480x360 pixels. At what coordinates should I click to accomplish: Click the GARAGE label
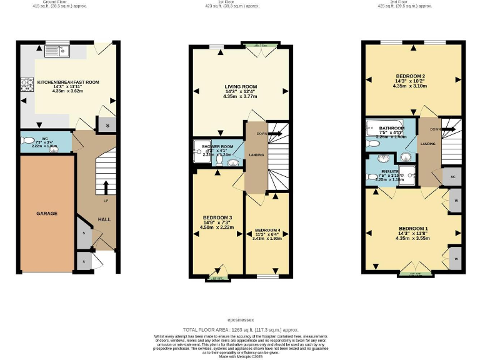click(46, 214)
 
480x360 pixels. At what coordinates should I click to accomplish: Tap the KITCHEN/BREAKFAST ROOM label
click(68, 82)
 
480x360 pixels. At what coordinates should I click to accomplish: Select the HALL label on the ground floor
click(104, 219)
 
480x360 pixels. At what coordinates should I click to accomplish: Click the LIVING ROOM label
click(241, 87)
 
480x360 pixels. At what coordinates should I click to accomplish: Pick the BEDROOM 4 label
click(267, 230)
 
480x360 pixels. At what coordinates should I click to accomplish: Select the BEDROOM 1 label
click(413, 228)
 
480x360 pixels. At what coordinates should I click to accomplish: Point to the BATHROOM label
click(392, 128)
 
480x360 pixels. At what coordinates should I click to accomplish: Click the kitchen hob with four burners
click(27, 84)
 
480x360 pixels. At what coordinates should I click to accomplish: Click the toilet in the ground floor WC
click(27, 141)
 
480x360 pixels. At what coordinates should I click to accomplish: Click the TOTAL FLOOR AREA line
click(240, 329)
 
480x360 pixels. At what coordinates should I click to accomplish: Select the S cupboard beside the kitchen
click(107, 125)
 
